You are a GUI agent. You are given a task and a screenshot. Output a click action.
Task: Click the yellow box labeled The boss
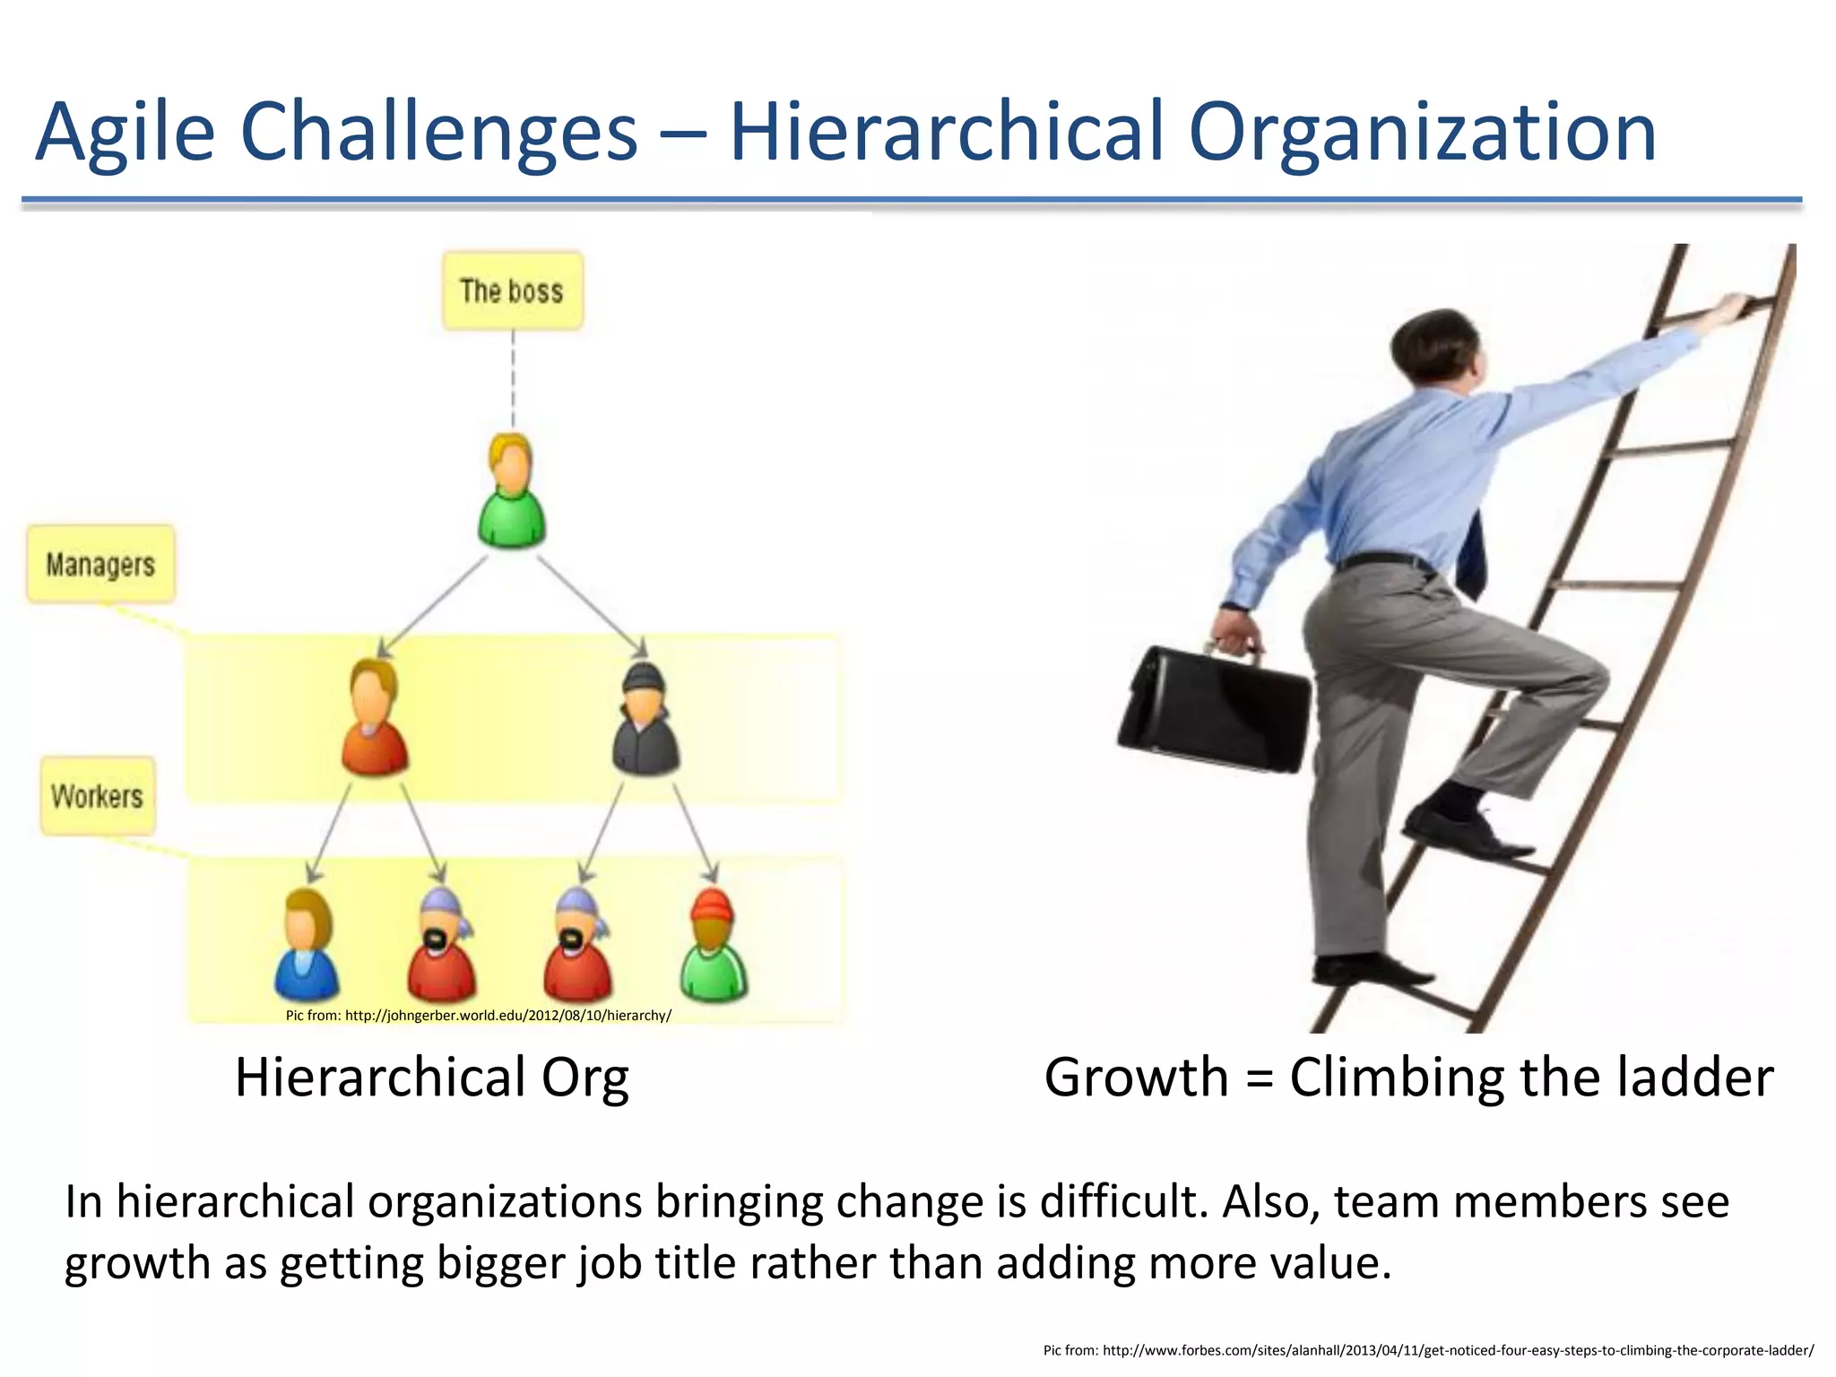(512, 290)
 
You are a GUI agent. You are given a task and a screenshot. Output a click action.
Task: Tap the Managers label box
(100, 564)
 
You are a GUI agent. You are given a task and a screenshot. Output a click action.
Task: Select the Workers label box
(98, 796)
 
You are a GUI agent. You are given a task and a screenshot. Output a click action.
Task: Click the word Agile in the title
(126, 132)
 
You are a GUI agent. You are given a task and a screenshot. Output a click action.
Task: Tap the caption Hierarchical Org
(431, 1077)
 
